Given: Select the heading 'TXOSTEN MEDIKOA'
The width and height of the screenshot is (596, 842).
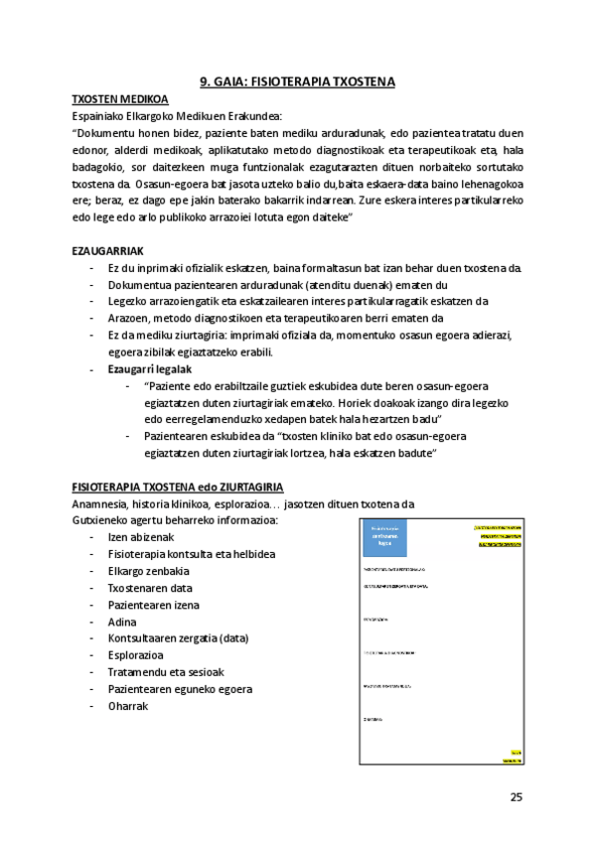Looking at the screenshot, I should click(x=120, y=99).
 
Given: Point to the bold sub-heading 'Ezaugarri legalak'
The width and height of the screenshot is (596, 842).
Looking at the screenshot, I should click(x=150, y=368).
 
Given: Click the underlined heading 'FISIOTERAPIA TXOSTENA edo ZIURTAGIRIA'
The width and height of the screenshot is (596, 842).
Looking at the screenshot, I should click(x=178, y=487).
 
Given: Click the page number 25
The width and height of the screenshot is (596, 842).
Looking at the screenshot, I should click(x=516, y=796).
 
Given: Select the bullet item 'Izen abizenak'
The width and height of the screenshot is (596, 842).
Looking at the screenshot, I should click(x=140, y=537).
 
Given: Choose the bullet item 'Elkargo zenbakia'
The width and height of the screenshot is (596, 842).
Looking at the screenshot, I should click(x=149, y=571).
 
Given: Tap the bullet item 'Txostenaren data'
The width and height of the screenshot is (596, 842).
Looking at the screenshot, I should click(x=150, y=588).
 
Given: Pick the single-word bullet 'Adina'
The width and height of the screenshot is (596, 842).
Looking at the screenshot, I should click(x=123, y=622).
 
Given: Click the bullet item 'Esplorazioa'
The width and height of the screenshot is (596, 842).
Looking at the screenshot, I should click(x=138, y=655).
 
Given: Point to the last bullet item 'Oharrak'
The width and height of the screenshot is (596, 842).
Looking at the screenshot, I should click(x=128, y=706).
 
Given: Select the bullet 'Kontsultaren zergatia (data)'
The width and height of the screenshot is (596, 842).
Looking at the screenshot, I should click(x=178, y=638).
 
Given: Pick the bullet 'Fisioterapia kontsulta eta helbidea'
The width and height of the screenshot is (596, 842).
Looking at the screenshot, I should click(x=192, y=554).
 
